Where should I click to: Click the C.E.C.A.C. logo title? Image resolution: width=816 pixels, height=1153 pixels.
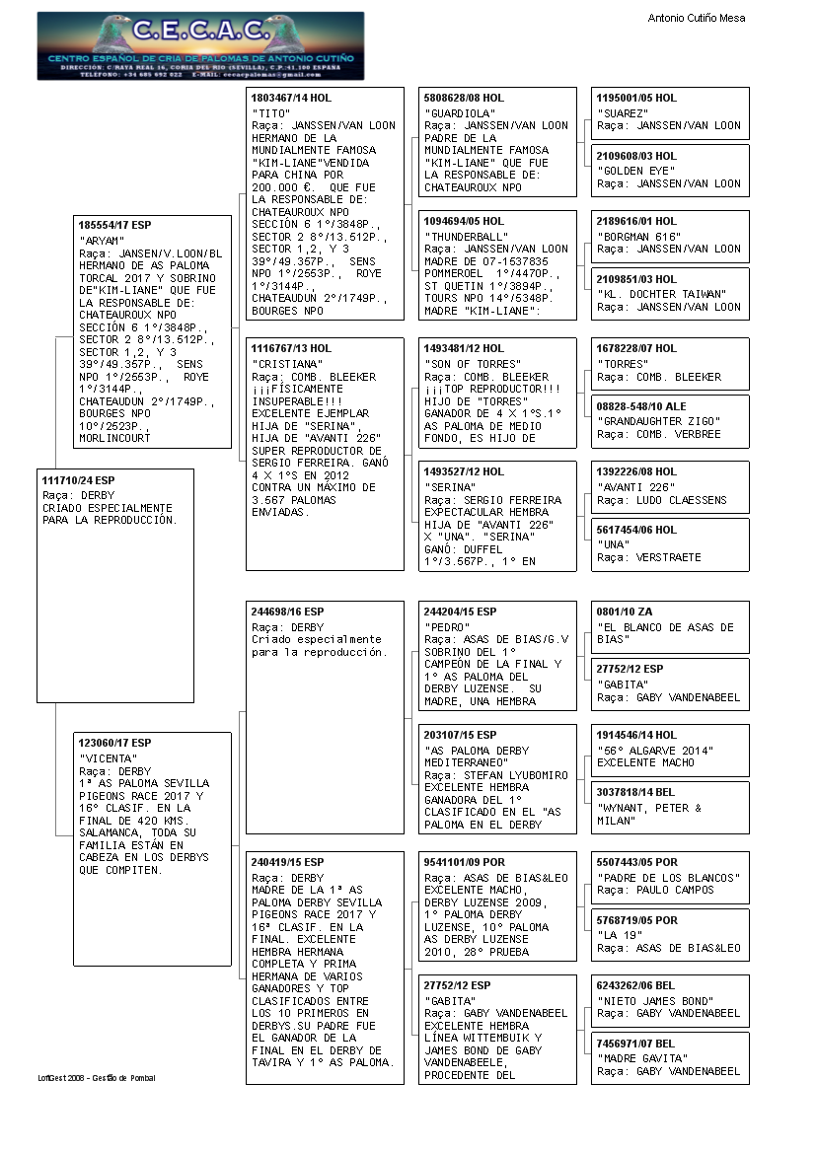click(199, 31)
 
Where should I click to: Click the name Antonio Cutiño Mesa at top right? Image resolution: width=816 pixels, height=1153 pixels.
click(696, 18)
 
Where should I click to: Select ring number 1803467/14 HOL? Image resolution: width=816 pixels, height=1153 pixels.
click(292, 99)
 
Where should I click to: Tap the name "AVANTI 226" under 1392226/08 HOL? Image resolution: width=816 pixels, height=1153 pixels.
click(635, 487)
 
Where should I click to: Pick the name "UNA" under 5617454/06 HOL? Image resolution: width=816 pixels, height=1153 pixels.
click(614, 544)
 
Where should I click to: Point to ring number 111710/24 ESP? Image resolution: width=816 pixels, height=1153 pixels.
click(78, 480)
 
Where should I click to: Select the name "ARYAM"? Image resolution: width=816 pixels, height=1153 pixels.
click(102, 240)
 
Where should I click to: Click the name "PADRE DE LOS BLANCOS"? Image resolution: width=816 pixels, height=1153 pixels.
click(666, 878)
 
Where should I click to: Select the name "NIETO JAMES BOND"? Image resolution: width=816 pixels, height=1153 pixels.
click(655, 1001)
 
